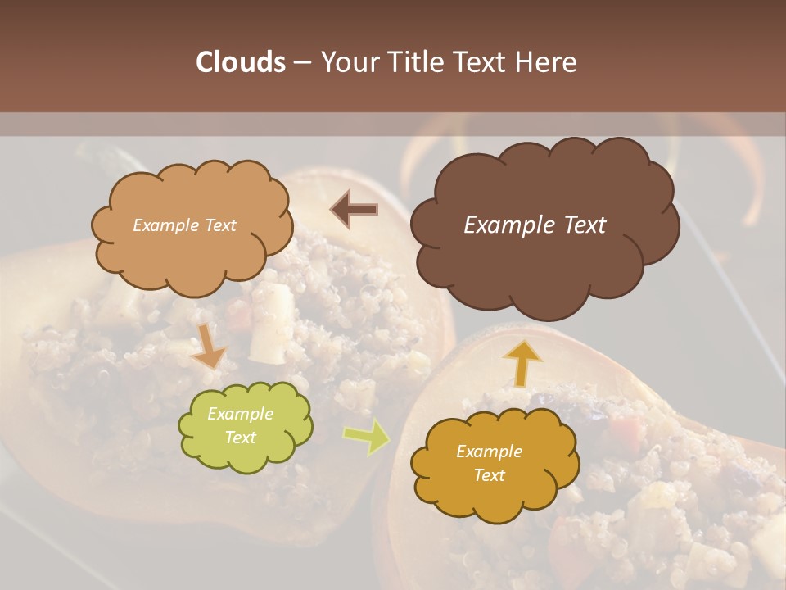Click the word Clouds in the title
pyautogui.click(x=241, y=62)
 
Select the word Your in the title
pyautogui.click(x=347, y=62)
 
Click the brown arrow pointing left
pyautogui.click(x=355, y=210)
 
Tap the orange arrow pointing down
pyautogui.click(x=209, y=347)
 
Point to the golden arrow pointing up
pyautogui.click(x=522, y=361)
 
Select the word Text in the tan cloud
pyautogui.click(x=219, y=225)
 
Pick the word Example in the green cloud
pyautogui.click(x=240, y=414)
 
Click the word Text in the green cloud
pyautogui.click(x=240, y=438)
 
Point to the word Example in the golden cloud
pyautogui.click(x=489, y=452)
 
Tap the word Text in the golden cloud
pyautogui.click(x=489, y=475)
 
